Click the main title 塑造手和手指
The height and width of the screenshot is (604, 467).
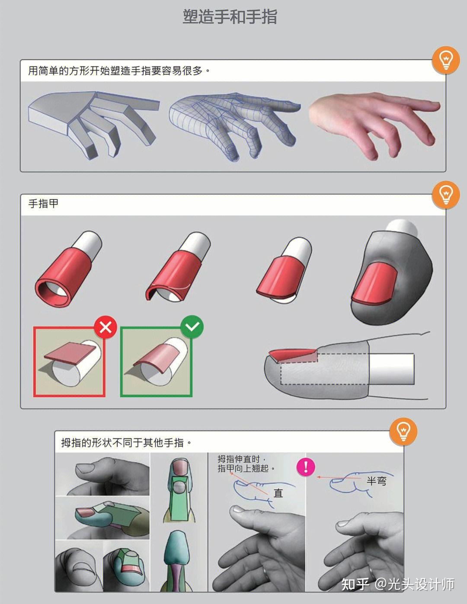click(230, 17)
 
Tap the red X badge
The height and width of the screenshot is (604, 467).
click(106, 327)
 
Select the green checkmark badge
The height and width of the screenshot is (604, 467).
click(192, 327)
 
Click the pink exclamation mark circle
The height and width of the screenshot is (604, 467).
click(306, 467)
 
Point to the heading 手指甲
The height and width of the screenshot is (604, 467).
click(43, 203)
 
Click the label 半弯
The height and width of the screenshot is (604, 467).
click(376, 481)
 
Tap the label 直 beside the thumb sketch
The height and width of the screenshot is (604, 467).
click(278, 493)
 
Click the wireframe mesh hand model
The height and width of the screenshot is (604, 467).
click(233, 123)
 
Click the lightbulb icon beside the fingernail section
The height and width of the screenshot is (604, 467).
click(446, 195)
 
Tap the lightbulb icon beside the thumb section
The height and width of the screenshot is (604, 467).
click(403, 431)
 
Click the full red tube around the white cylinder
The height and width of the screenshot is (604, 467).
click(65, 277)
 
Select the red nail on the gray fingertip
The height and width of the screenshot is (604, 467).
click(374, 283)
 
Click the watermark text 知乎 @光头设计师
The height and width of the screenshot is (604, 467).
click(398, 584)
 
